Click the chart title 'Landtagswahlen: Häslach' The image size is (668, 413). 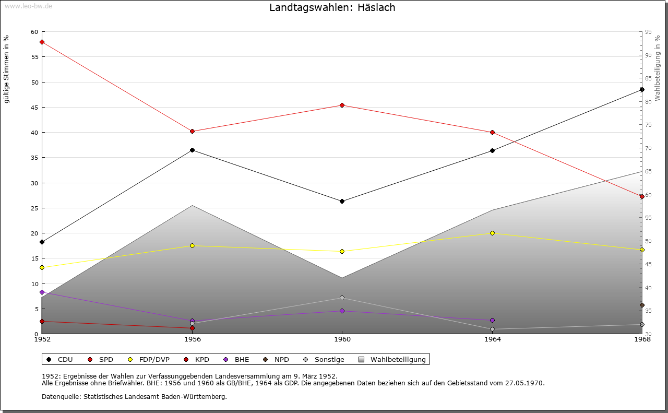click(332, 7)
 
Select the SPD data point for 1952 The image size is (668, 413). click(42, 42)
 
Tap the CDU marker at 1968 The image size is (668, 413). click(642, 90)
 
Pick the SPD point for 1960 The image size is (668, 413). click(342, 105)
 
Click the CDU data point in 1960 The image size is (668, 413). click(342, 201)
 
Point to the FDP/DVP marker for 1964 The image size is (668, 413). click(492, 233)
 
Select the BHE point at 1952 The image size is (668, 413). click(42, 292)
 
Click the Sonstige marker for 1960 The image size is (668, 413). click(342, 298)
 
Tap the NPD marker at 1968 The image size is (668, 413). click(642, 305)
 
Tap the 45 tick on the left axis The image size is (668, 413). click(34, 108)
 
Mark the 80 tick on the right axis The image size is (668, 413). click(648, 102)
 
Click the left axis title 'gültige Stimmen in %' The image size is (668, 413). click(7, 69)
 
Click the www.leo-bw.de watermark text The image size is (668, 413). click(27, 6)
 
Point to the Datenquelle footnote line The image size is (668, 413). click(134, 397)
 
